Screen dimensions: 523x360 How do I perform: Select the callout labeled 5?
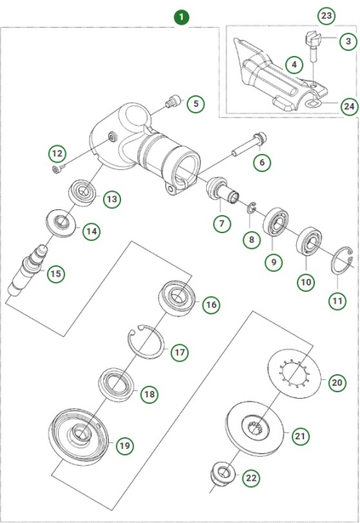(195, 103)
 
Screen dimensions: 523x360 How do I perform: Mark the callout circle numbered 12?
(57, 153)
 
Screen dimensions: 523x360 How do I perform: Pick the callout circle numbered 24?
(350, 107)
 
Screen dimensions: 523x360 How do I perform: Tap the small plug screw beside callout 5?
(172, 102)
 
